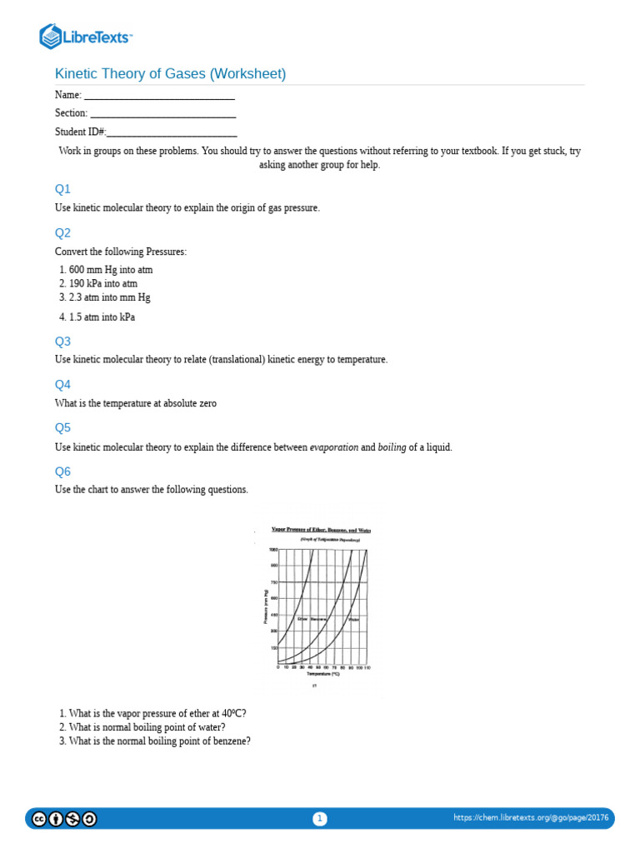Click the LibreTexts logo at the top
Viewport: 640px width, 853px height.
(87, 37)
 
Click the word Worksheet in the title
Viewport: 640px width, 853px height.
(247, 74)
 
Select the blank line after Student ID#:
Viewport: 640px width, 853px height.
(172, 132)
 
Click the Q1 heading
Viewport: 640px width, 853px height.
(63, 189)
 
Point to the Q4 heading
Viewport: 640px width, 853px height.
(63, 385)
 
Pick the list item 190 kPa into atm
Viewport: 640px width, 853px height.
(102, 283)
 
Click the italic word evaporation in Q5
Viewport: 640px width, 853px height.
(333, 447)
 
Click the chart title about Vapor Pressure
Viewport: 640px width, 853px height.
(321, 530)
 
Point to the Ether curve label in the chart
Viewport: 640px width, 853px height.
(302, 619)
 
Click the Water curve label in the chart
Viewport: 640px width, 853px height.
(353, 619)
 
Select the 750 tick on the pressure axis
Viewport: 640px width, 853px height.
(273, 582)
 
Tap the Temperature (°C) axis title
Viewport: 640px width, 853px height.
(323, 674)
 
